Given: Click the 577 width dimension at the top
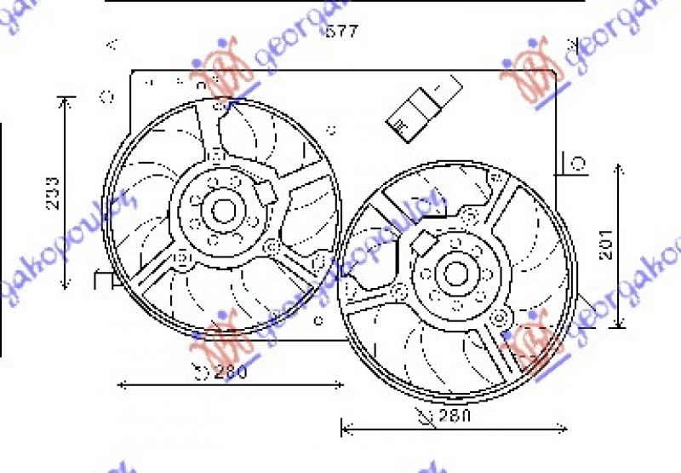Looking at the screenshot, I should click(x=342, y=32).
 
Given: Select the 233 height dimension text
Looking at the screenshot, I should click(x=52, y=194).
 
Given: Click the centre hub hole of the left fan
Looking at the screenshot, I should click(x=223, y=209).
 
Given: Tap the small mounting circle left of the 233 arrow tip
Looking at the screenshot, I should click(x=107, y=97).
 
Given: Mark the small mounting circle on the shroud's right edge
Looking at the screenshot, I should click(x=577, y=163).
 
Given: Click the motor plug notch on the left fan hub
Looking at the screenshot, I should click(x=270, y=193).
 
